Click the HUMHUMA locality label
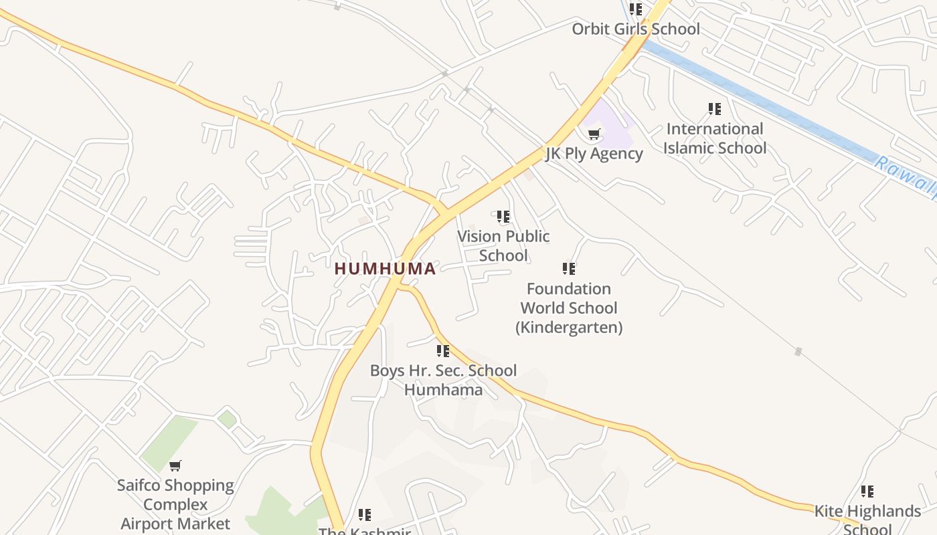pyautogui.click(x=385, y=269)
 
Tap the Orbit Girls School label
pyautogui.click(x=635, y=29)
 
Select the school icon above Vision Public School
pyautogui.click(x=503, y=217)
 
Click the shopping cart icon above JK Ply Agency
pyautogui.click(x=594, y=134)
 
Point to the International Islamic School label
pyautogui.click(x=714, y=138)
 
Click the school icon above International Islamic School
pyautogui.click(x=715, y=108)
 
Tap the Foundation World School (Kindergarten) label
pyautogui.click(x=569, y=308)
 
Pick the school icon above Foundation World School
pyautogui.click(x=569, y=269)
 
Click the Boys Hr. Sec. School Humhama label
pyautogui.click(x=443, y=380)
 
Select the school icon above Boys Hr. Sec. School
pyautogui.click(x=443, y=351)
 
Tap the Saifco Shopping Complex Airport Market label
pyautogui.click(x=175, y=504)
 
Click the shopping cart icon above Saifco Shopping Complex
pyautogui.click(x=175, y=465)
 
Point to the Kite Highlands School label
pyautogui.click(x=867, y=520)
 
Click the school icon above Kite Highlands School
pyautogui.click(x=867, y=492)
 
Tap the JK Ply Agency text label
pyautogui.click(x=594, y=153)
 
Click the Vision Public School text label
pyautogui.click(x=503, y=245)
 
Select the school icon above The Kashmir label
pyautogui.click(x=365, y=515)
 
